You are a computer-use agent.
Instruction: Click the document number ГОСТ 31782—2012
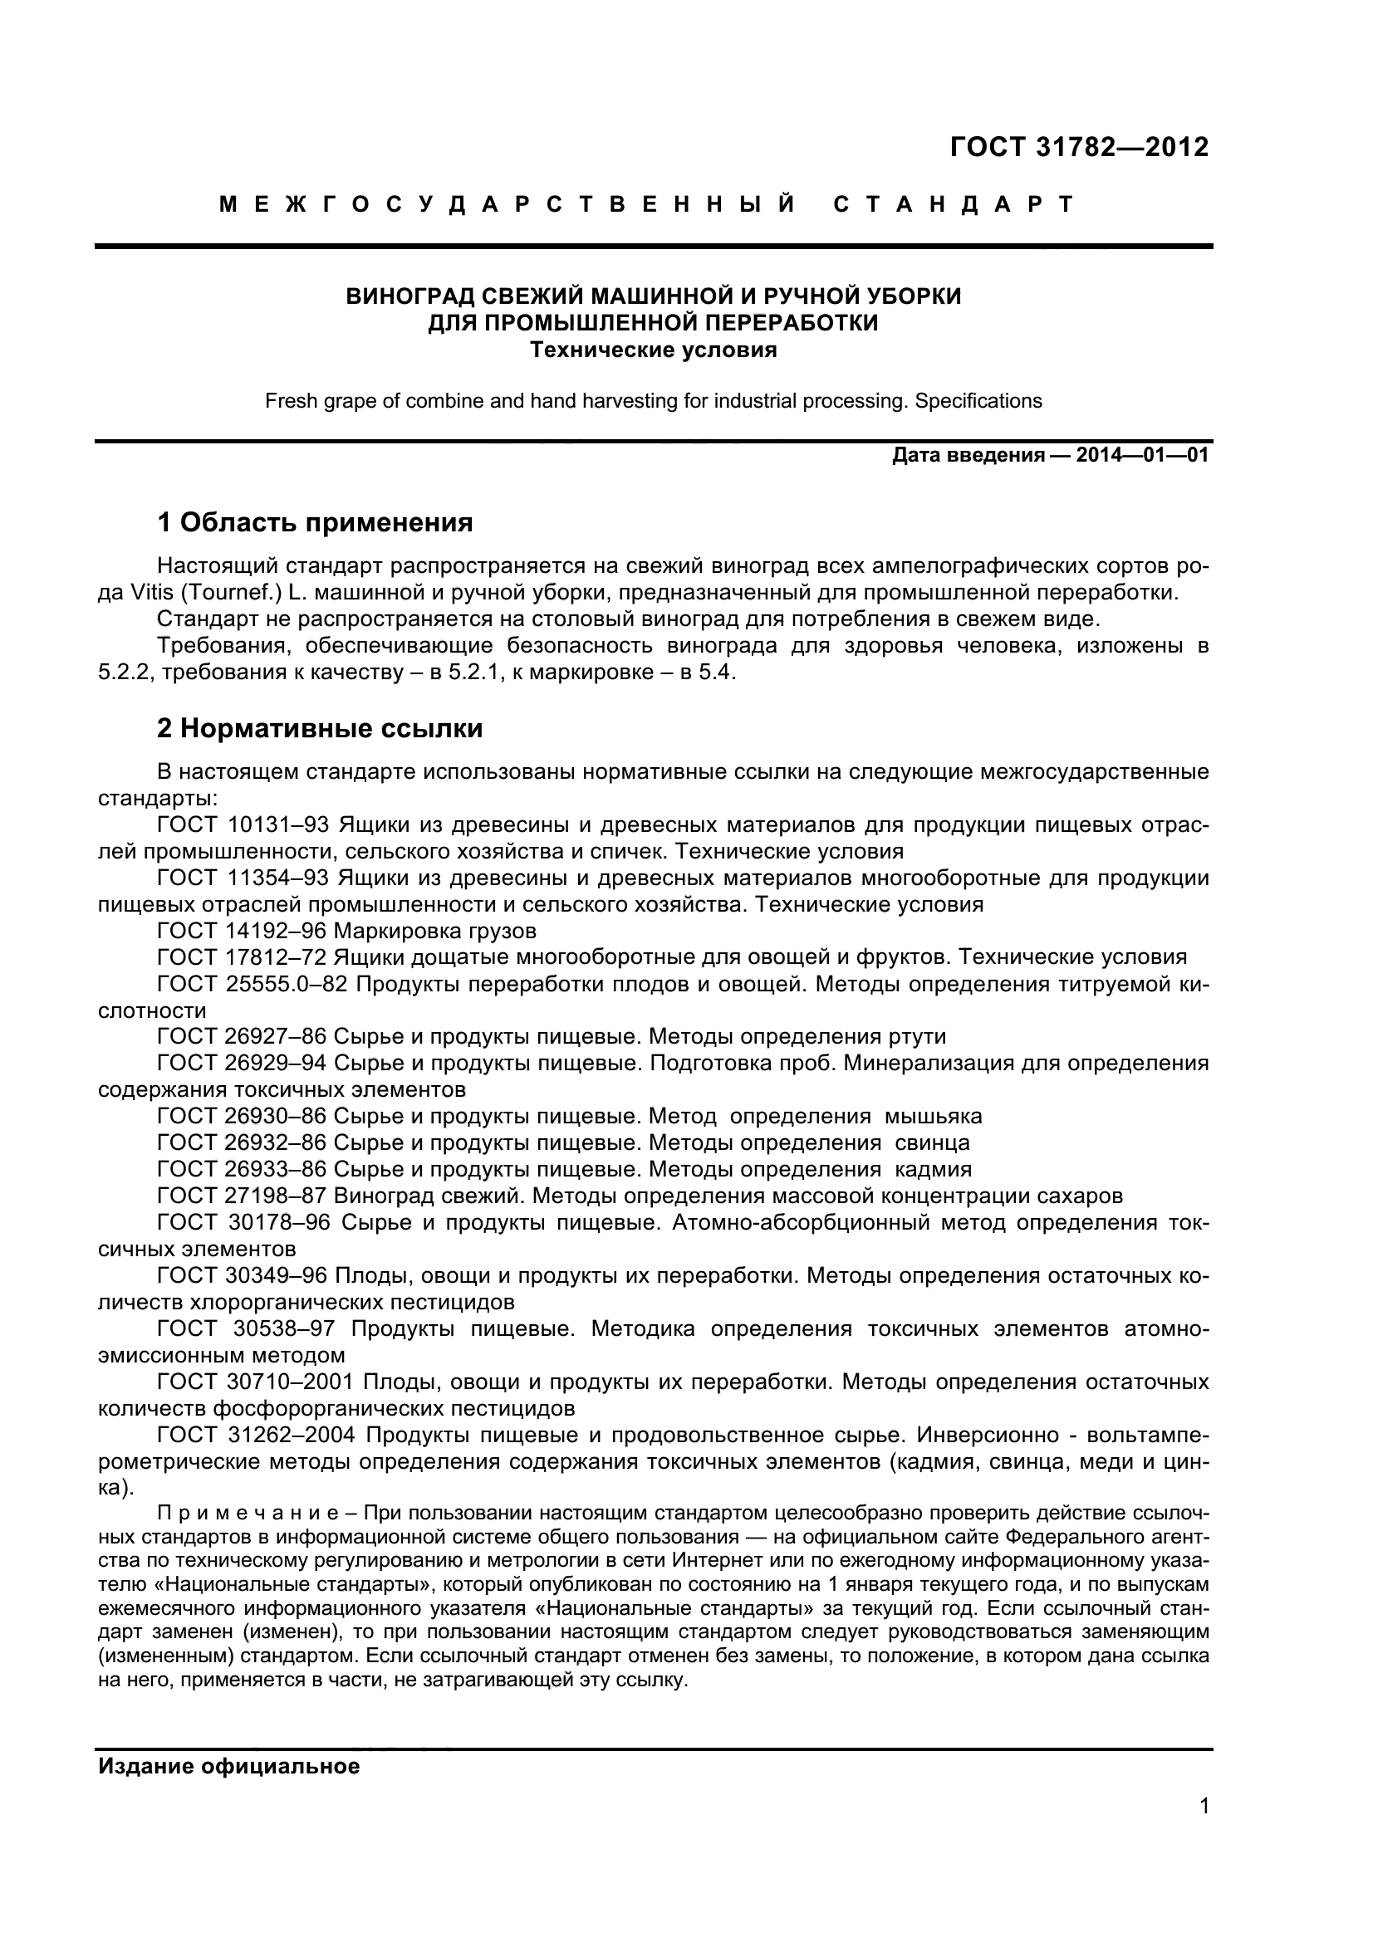pos(1080,147)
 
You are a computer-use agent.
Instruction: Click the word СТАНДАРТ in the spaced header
pos(954,205)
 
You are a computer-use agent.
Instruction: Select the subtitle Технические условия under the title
pos(653,350)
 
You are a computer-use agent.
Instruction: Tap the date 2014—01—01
pos(1142,456)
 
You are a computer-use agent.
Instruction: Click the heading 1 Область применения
pos(315,523)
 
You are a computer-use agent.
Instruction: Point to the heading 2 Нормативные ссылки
pos(320,728)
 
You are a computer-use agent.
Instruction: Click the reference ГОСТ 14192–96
pos(242,932)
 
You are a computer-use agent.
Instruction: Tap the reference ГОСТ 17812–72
pos(242,957)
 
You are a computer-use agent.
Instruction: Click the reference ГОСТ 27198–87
pos(242,1196)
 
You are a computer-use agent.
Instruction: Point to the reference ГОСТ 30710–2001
pos(257,1382)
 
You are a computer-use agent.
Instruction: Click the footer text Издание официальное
pos(229,1767)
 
